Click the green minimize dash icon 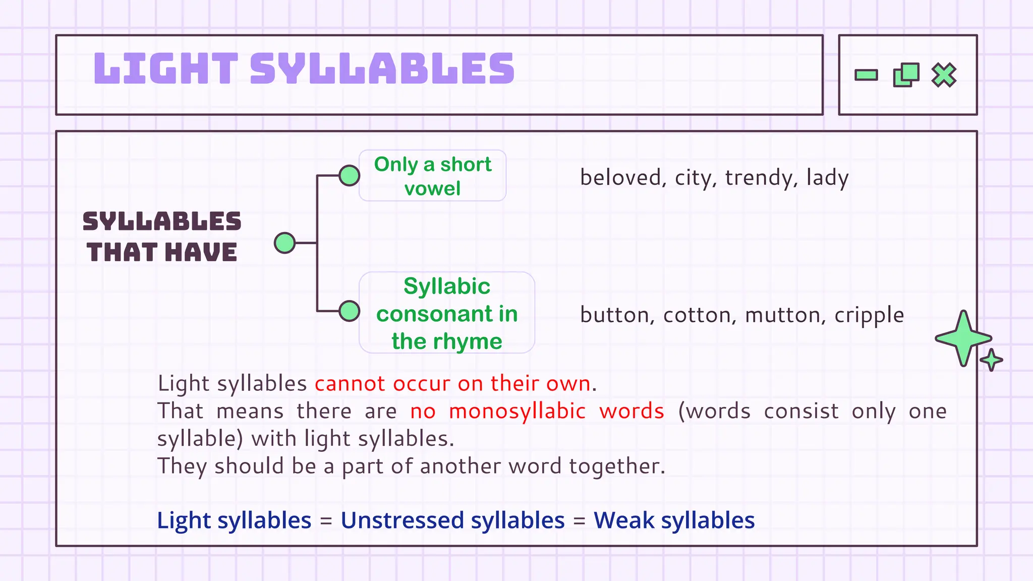coord(866,75)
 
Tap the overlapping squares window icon coord(906,75)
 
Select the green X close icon coord(944,75)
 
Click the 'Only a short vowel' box coord(432,176)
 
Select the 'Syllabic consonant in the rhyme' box coord(446,313)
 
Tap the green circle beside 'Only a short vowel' coord(349,176)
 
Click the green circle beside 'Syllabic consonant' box coord(349,311)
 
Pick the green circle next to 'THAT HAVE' coord(284,243)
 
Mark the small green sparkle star coord(992,360)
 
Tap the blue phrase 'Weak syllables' coord(674,520)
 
